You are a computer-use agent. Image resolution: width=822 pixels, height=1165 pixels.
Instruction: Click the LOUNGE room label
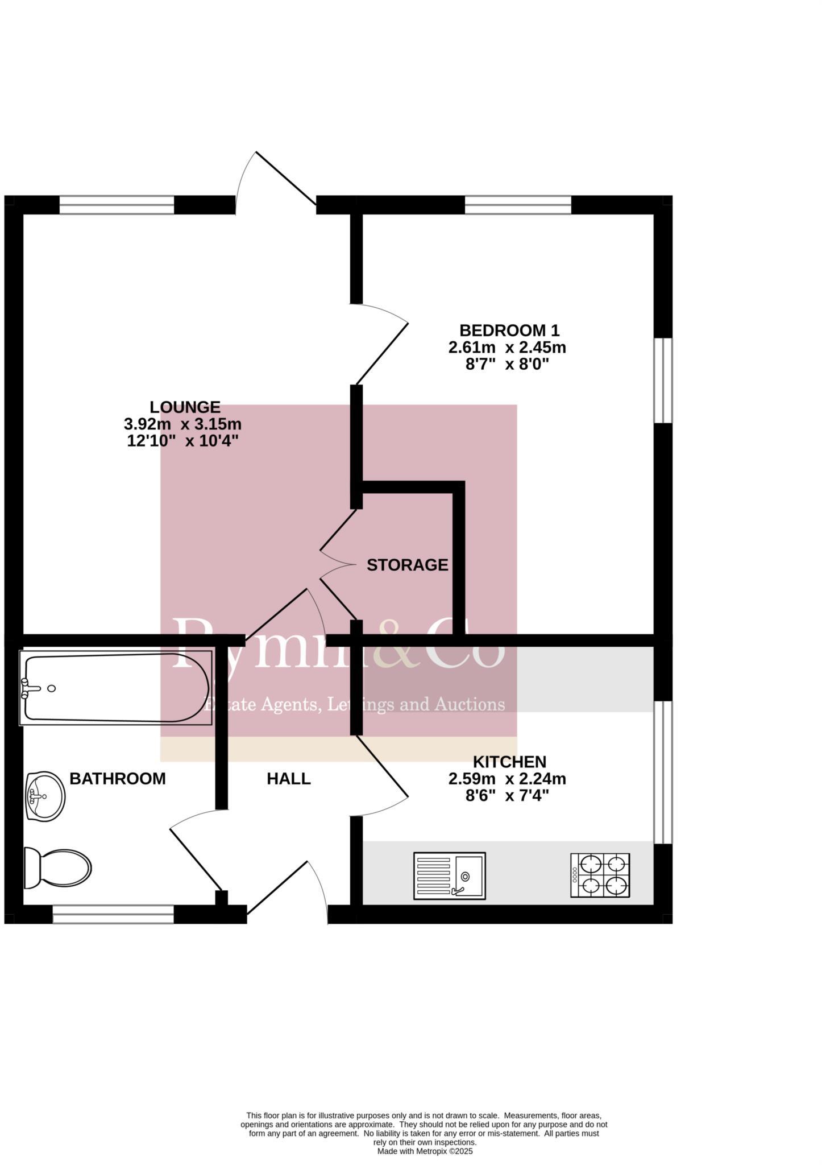tap(185, 407)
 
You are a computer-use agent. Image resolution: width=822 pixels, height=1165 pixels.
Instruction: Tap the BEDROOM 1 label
tap(509, 331)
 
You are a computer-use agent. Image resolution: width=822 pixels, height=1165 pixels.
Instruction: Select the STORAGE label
tap(407, 565)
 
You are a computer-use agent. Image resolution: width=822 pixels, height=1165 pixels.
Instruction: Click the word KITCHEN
tap(509, 762)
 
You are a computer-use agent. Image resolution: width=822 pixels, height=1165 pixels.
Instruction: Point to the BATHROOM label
tap(117, 779)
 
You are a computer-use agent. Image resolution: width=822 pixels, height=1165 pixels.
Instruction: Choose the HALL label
tap(289, 779)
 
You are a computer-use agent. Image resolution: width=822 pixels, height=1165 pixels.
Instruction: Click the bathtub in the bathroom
tap(116, 688)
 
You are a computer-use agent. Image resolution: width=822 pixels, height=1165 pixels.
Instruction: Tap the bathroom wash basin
tap(45, 796)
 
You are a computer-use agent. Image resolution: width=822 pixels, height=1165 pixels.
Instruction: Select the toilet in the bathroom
tap(58, 867)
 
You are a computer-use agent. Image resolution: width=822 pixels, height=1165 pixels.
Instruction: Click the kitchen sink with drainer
tap(450, 875)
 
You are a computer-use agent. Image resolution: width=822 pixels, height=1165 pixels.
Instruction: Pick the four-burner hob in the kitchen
tap(600, 875)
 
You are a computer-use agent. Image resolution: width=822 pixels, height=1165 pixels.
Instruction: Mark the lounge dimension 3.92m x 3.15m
tap(182, 424)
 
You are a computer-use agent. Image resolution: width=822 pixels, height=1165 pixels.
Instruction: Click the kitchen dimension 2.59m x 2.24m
tap(507, 779)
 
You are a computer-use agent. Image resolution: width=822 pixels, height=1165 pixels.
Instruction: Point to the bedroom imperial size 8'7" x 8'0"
tap(507, 364)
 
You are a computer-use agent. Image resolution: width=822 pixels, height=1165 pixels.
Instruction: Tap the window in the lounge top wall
tap(117, 205)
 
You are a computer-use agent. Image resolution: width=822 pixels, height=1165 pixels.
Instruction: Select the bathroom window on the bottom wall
tap(113, 914)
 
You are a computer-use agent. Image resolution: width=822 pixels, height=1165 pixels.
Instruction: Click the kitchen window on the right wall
tap(663, 772)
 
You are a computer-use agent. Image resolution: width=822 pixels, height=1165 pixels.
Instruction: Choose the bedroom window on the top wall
tap(518, 205)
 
